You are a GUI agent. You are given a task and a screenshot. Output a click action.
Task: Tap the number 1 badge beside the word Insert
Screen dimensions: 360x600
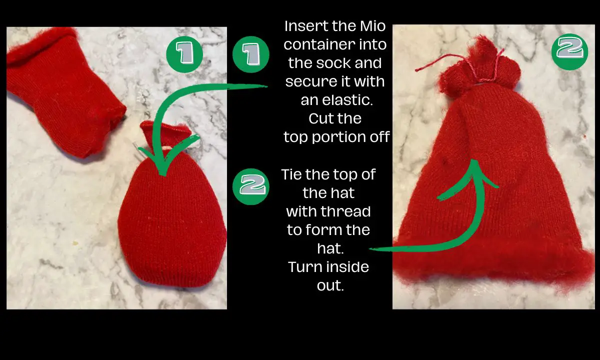coord(251,53)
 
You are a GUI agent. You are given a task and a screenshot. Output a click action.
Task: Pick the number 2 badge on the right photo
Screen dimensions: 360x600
coord(569,50)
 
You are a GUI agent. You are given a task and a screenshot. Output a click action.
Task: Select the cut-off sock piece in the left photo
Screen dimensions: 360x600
coord(60,95)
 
